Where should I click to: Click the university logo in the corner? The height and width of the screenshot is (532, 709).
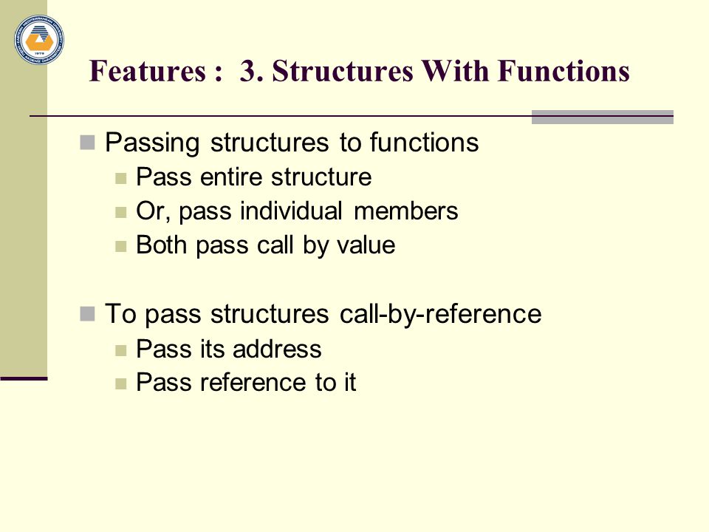tap(39, 39)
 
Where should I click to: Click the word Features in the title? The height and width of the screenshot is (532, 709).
tap(148, 71)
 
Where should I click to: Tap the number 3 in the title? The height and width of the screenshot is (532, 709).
tap(248, 71)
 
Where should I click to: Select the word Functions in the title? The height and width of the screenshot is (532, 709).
tap(564, 71)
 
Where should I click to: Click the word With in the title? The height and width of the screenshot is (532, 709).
tap(455, 71)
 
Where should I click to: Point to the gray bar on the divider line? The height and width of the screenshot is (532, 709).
tap(603, 117)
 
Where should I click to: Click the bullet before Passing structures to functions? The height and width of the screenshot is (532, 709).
tap(87, 143)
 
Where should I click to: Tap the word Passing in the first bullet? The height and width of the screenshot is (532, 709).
tap(152, 143)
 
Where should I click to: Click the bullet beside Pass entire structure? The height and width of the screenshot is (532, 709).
tap(120, 178)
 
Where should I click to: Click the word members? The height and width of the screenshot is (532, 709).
tap(405, 211)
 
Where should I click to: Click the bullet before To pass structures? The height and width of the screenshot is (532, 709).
tap(87, 313)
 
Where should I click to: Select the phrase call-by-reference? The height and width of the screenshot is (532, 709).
tap(440, 314)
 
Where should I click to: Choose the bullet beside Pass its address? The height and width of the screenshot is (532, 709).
tap(120, 350)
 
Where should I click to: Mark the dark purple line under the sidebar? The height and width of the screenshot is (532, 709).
tap(24, 378)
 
